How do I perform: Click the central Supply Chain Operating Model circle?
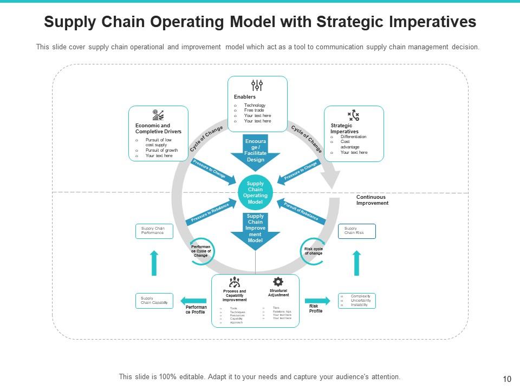(x=255, y=193)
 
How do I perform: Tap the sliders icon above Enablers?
(x=257, y=85)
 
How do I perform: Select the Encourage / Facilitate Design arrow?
(x=255, y=152)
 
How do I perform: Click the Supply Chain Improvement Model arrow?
(x=255, y=230)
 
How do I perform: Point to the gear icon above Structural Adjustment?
(x=278, y=282)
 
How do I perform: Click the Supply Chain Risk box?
(x=356, y=231)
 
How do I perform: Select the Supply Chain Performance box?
(x=154, y=231)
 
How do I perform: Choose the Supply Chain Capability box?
(x=154, y=301)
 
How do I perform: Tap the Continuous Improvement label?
(x=372, y=200)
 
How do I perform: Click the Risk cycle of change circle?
(x=313, y=251)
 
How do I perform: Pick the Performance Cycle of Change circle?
(x=200, y=251)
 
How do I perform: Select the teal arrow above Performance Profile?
(x=193, y=301)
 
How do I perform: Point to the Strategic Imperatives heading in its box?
(x=344, y=129)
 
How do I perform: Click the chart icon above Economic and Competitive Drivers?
(x=158, y=115)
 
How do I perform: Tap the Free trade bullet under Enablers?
(x=255, y=110)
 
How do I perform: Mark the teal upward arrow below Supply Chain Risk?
(x=356, y=263)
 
